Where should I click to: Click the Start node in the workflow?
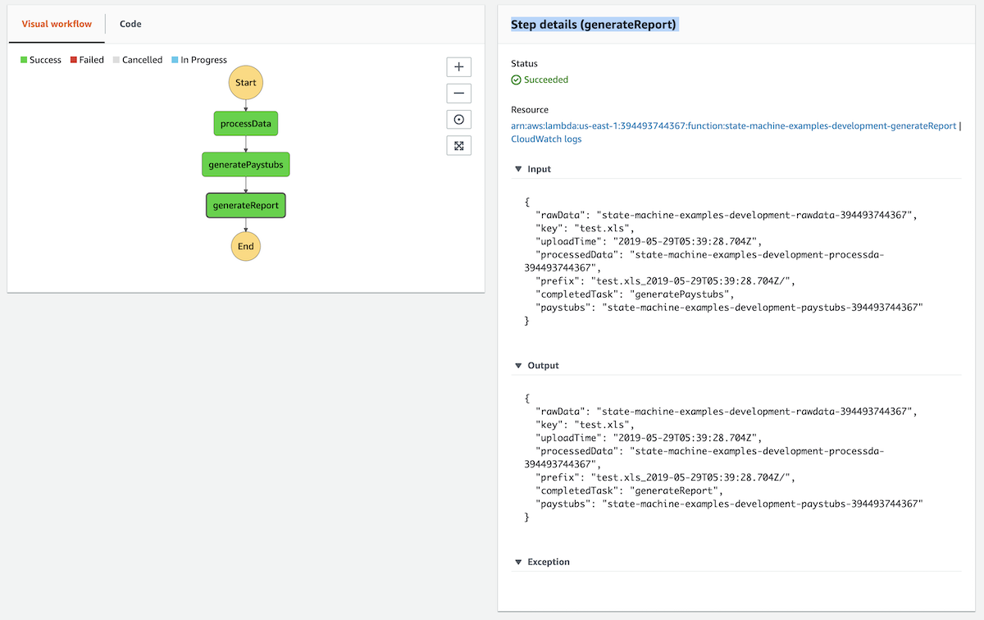point(245,83)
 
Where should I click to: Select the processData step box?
point(245,124)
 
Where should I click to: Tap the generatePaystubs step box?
point(245,164)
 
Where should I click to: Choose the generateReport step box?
point(245,205)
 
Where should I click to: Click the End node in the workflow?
point(245,246)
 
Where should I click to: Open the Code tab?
point(130,24)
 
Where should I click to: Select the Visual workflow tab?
point(57,24)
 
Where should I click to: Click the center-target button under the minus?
point(458,120)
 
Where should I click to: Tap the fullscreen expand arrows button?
point(458,146)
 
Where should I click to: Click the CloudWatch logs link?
point(546,139)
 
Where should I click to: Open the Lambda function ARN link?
point(733,126)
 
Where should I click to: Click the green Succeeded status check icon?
point(516,80)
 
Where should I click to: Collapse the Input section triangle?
point(518,169)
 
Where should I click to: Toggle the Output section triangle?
point(518,366)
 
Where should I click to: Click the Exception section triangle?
point(518,562)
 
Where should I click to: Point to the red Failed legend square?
point(73,60)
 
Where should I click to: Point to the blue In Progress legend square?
point(175,60)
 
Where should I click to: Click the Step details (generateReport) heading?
point(594,25)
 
